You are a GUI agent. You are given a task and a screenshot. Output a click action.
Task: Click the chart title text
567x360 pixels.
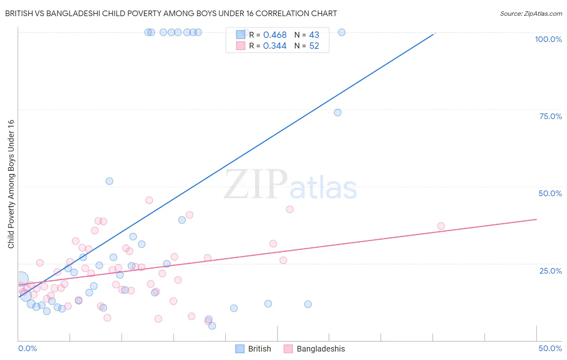pos(171,13)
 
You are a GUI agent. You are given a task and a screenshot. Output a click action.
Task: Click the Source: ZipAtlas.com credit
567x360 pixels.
pos(531,13)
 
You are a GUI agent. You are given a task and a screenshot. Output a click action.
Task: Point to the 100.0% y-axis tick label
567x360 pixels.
pos(548,39)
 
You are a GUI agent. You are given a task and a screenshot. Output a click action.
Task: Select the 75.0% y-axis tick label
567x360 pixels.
pos(550,116)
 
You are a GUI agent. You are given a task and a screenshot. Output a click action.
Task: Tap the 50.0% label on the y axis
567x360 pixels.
pos(550,193)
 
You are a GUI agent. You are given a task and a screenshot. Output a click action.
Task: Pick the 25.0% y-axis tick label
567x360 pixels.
pos(550,270)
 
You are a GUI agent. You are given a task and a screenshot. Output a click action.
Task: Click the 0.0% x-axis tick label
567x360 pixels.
pos(27,348)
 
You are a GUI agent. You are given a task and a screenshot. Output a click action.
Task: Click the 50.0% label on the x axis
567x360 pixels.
pos(550,348)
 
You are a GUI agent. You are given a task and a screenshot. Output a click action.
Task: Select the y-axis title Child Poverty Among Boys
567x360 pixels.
pos(11,184)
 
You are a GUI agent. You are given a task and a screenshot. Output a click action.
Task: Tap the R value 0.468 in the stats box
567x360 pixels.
pos(275,35)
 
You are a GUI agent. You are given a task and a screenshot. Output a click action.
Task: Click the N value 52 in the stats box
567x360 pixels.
pos(314,46)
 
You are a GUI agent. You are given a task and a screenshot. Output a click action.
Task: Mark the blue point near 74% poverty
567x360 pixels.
pos(338,113)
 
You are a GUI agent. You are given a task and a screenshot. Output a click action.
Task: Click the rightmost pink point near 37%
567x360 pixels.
pos(441,226)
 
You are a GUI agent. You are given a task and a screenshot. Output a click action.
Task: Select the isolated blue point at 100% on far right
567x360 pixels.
pos(342,32)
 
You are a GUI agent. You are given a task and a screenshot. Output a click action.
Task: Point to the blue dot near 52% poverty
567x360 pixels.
pos(109,181)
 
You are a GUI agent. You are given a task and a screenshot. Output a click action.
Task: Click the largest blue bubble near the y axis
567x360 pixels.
pos(21,278)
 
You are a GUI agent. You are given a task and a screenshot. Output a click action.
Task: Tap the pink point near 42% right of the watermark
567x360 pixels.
pos(290,209)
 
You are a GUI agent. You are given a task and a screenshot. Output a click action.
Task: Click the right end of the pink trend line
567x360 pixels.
pos(536,219)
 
